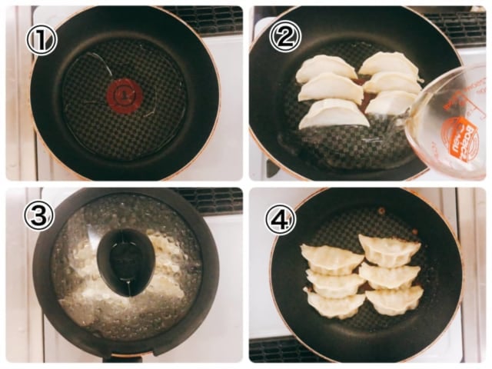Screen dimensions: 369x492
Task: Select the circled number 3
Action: pyautogui.click(x=38, y=217)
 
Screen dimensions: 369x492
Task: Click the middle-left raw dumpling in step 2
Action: pyautogui.click(x=331, y=88)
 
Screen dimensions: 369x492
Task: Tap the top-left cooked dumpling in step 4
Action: pyautogui.click(x=331, y=257)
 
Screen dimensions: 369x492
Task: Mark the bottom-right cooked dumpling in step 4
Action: pyautogui.click(x=394, y=299)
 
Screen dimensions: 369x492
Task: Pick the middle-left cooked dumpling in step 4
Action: pyautogui.click(x=335, y=281)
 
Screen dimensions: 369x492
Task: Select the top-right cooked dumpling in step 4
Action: pyautogui.click(x=389, y=249)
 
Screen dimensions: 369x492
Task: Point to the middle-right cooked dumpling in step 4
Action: pyautogui.click(x=390, y=274)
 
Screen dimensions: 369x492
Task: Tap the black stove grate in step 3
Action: pyautogui.click(x=208, y=199)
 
